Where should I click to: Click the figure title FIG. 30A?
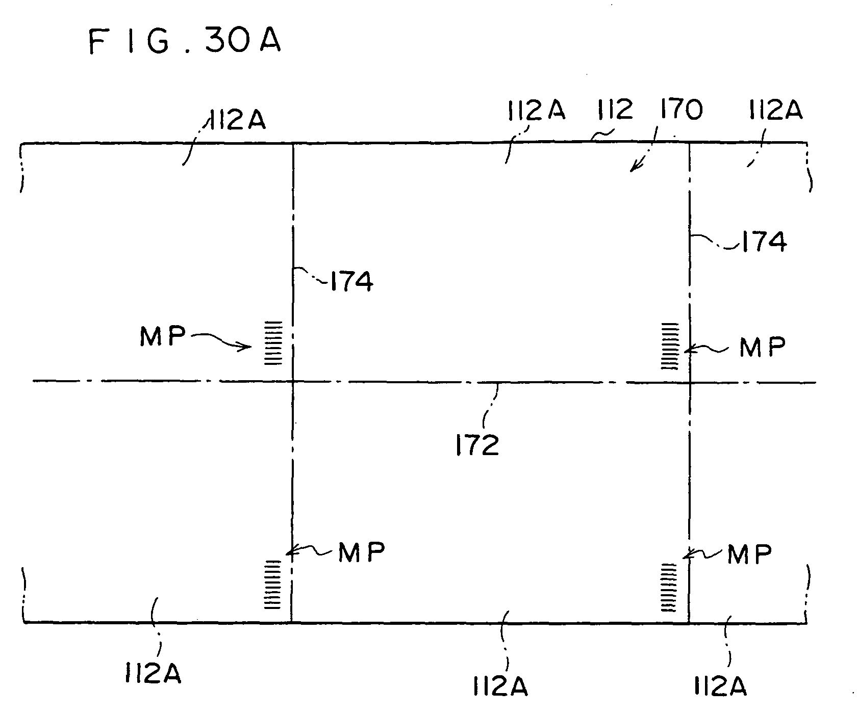pyautogui.click(x=185, y=41)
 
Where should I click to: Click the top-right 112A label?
pyautogui.click(x=775, y=110)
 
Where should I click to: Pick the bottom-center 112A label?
pyautogui.click(x=499, y=686)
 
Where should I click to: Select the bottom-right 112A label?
pyautogui.click(x=719, y=686)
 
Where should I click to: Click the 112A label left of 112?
pyautogui.click(x=537, y=110)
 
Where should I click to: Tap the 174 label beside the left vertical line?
pyautogui.click(x=351, y=281)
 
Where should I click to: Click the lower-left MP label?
pyautogui.click(x=362, y=551)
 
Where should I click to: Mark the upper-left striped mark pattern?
pyautogui.click(x=272, y=342)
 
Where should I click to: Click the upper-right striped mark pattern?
pyautogui.click(x=670, y=347)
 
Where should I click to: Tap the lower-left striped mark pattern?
pyautogui.click(x=272, y=585)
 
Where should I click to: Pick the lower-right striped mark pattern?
pyautogui.click(x=670, y=587)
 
